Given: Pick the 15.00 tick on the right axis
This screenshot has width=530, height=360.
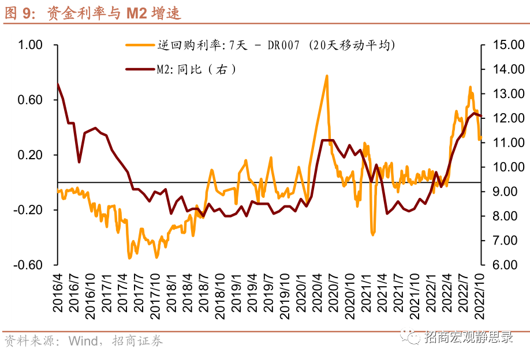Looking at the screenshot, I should click(503, 45).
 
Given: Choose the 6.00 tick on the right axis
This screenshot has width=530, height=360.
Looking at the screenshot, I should click(503, 265).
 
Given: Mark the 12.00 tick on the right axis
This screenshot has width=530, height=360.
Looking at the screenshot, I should click(503, 118).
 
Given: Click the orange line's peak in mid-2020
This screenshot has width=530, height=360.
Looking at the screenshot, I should click(327, 76).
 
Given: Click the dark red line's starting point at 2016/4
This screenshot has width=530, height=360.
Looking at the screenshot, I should click(58, 84).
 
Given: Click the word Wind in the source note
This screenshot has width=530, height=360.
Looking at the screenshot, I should click(83, 340).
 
